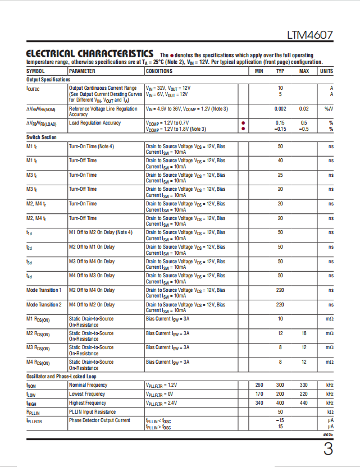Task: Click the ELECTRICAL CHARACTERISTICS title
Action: coord(89,53)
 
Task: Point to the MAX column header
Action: coord(304,71)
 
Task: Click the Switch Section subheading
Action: coord(42,138)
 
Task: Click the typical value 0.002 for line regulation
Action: coord(280,109)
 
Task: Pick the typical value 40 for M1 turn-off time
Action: coord(280,161)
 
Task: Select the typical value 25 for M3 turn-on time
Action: coord(280,175)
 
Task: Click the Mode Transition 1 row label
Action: coord(44,290)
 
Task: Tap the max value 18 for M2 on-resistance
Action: coord(304,333)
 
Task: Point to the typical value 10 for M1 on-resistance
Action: coord(280,319)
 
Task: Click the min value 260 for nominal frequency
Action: coord(259,385)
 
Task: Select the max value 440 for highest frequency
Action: coord(304,403)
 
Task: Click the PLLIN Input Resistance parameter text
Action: coord(93,411)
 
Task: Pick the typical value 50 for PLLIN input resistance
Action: coord(280,411)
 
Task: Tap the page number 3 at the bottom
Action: coord(328,449)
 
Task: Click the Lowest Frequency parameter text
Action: coord(87,394)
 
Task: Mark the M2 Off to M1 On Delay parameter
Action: coord(92,247)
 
